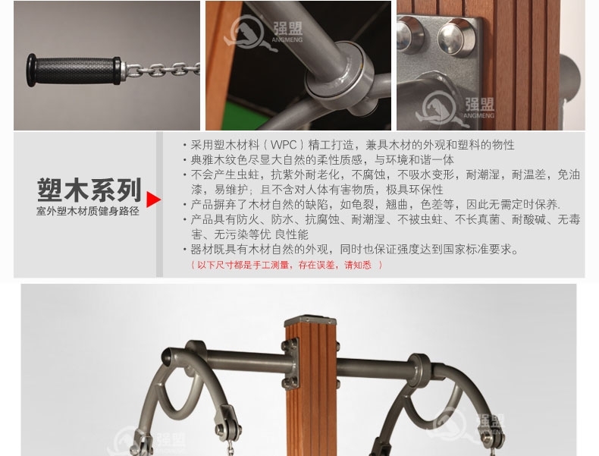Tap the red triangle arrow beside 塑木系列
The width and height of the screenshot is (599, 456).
(153, 200)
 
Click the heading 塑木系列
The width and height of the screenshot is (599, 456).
(89, 190)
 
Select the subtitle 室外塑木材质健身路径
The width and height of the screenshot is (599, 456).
(88, 212)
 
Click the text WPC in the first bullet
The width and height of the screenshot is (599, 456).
(284, 145)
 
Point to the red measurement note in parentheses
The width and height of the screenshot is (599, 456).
(287, 265)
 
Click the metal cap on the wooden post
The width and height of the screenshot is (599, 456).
(310, 320)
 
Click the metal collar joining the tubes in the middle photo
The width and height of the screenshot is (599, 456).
(339, 76)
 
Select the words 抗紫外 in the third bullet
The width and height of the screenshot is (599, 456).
(288, 175)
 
